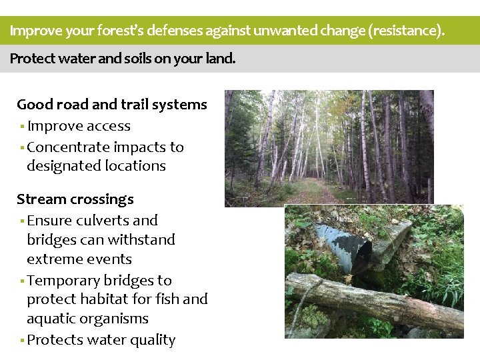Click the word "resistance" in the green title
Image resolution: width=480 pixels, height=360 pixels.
pyautogui.click(x=407, y=31)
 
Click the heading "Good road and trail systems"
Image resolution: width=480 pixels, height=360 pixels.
pyautogui.click(x=112, y=105)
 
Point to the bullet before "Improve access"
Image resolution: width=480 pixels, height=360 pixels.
pyautogui.click(x=22, y=127)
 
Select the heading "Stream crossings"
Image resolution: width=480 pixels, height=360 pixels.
pyautogui.click(x=75, y=199)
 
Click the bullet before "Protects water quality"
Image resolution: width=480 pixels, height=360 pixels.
pyautogui.click(x=22, y=341)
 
